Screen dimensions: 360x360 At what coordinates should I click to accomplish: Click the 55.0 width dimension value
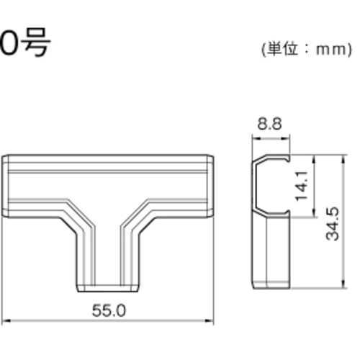109,310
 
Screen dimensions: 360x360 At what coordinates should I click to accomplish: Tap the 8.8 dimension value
269,124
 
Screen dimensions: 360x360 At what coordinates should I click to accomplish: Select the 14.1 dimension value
302,186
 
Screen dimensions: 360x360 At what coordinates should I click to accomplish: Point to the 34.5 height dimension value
333,224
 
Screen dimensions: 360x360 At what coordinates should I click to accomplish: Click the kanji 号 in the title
37,42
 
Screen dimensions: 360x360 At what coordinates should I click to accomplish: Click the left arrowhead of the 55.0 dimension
6,320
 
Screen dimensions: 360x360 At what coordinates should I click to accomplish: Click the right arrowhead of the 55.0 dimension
210,320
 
